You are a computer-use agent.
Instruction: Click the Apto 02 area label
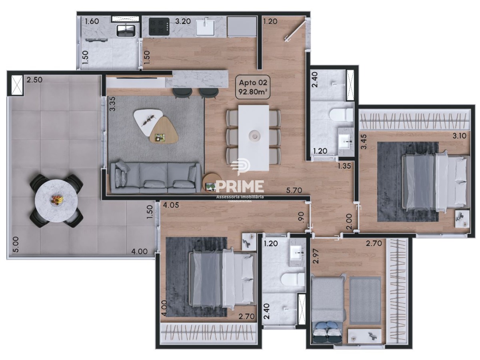(x=253, y=86)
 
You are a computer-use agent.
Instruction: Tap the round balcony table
(x=56, y=201)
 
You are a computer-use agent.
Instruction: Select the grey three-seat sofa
(x=156, y=178)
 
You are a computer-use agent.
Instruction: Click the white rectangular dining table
(x=254, y=138)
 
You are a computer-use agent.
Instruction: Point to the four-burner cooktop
(x=159, y=26)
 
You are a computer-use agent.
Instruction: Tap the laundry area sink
(x=126, y=30)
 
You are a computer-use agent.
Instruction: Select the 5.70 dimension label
(x=294, y=190)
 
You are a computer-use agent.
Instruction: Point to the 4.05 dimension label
(x=171, y=205)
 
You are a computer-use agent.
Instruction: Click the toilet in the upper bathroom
(x=341, y=115)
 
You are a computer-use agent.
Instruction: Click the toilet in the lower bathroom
(x=293, y=280)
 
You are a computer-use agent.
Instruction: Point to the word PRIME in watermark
(x=240, y=187)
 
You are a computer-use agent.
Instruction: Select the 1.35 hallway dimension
(x=344, y=166)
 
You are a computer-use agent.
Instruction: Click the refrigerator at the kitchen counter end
(x=242, y=26)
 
